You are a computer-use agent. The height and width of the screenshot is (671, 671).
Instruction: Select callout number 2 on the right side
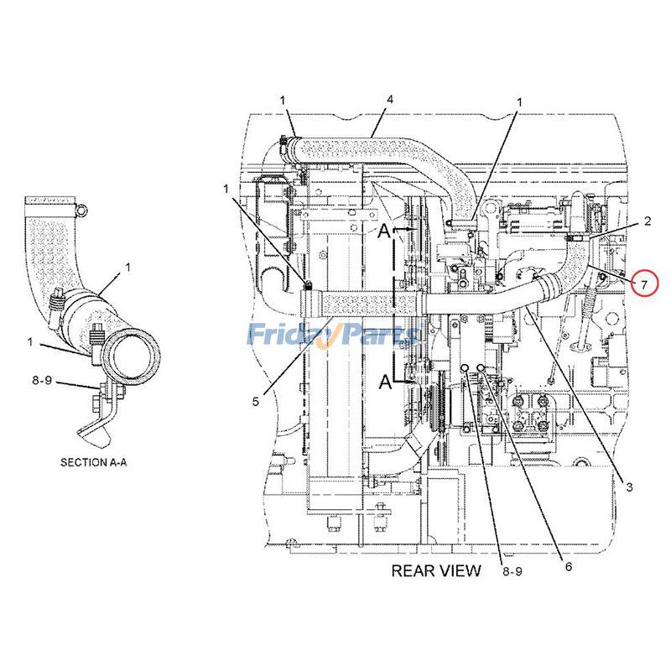(648, 221)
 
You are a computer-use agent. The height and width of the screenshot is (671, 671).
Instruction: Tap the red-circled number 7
(644, 284)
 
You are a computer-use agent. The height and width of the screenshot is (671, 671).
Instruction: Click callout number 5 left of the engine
(255, 401)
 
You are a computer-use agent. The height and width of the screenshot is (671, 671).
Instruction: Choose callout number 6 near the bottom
(568, 566)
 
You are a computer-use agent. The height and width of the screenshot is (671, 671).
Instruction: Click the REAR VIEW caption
(436, 571)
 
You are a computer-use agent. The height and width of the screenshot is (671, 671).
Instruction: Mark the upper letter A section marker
(383, 232)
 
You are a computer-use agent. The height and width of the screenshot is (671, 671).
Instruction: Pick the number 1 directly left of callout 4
(283, 100)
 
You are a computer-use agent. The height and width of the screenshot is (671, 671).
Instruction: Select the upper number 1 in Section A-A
(128, 268)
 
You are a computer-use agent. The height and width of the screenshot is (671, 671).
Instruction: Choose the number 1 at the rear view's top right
(519, 102)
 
